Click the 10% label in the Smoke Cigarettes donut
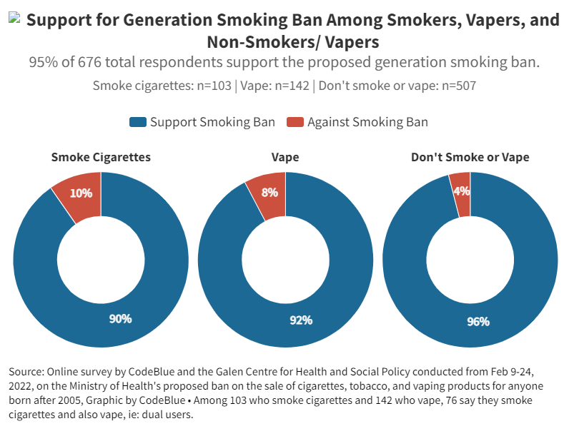[81, 193]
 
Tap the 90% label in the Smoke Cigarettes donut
[120, 318]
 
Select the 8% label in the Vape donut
[269, 192]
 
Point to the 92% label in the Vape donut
[301, 320]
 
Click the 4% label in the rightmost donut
[461, 191]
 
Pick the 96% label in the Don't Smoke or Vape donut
[478, 321]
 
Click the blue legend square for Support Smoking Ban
[137, 122]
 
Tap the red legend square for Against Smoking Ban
[295, 122]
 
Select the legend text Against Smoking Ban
[367, 122]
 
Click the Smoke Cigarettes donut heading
[101, 157]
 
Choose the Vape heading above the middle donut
[285, 157]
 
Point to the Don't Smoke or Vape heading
[470, 157]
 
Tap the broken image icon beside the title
[14, 19]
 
